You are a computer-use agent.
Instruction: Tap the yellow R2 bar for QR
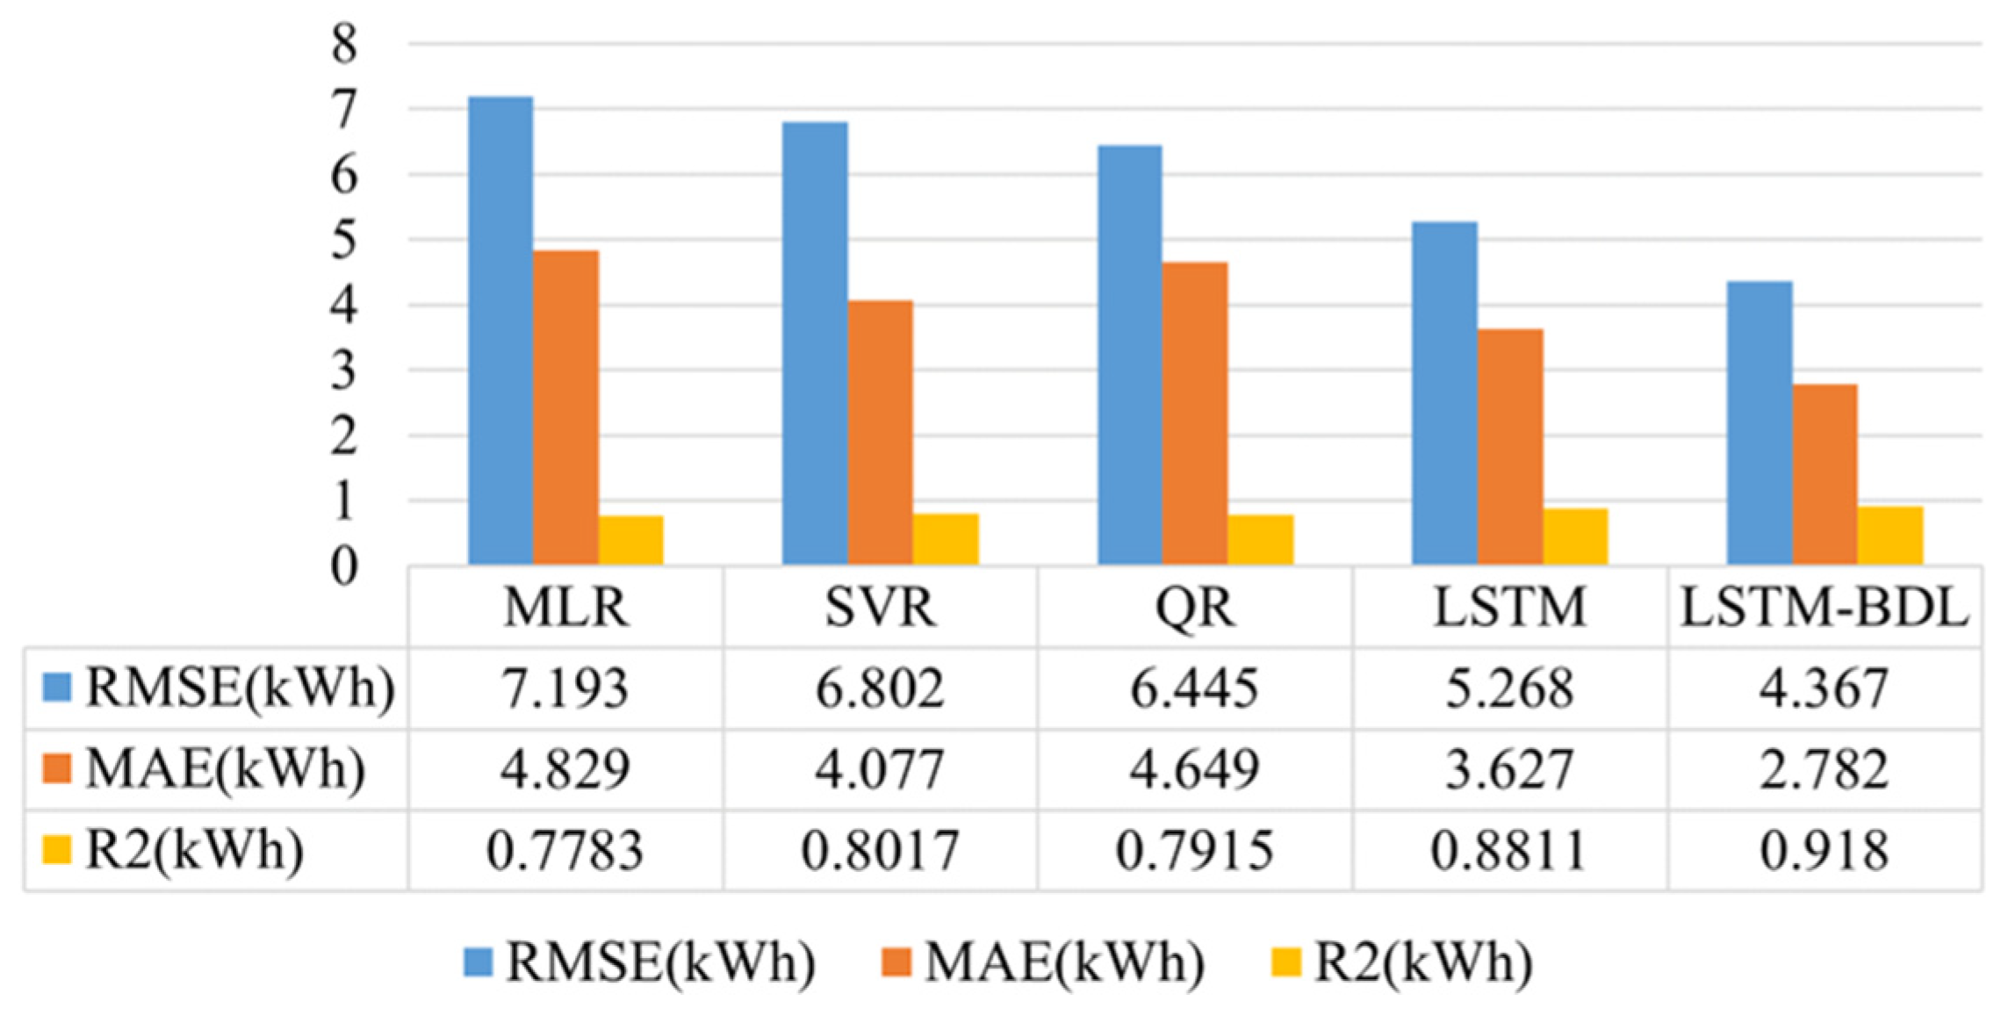pos(1261,539)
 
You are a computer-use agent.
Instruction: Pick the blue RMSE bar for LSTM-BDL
pos(1760,422)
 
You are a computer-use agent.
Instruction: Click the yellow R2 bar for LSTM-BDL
pos(1890,535)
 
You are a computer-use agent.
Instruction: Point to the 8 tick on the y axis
pos(344,44)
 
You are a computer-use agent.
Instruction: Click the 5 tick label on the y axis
pos(344,240)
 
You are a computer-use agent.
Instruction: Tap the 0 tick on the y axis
pos(344,566)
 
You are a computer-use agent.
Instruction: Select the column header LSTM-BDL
pos(1824,607)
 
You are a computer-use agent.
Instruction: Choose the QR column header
pos(1195,607)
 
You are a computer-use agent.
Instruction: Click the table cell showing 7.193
pos(565,688)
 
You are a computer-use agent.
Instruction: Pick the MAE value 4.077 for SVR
pos(881,770)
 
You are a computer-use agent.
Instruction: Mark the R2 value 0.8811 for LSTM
pos(1510,851)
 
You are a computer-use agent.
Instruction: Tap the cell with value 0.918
pos(1824,851)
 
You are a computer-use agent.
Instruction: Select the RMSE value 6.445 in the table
pos(1195,688)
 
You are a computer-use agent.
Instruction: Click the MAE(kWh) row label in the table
pos(225,770)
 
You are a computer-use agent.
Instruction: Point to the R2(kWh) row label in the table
pos(194,851)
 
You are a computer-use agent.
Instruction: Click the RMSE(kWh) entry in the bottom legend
pos(659,962)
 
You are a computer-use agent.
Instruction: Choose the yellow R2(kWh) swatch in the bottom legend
pos(1286,962)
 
